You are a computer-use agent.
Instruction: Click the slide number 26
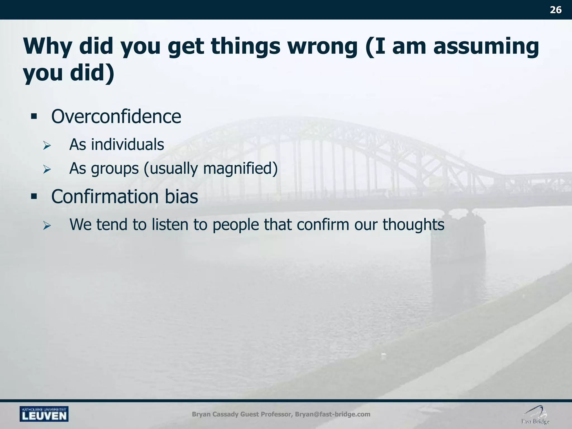point(556,10)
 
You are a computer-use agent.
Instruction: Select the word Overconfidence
point(116,116)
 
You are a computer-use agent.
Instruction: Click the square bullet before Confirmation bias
point(34,197)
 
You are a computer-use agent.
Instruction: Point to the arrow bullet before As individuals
point(47,146)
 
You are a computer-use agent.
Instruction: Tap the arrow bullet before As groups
point(47,169)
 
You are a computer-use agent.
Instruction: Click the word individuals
point(127,144)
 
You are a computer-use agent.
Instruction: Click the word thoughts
point(413,225)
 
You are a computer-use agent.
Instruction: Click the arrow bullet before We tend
point(47,226)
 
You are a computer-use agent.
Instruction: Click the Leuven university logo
point(44,414)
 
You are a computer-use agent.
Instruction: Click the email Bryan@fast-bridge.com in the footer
point(332,414)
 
